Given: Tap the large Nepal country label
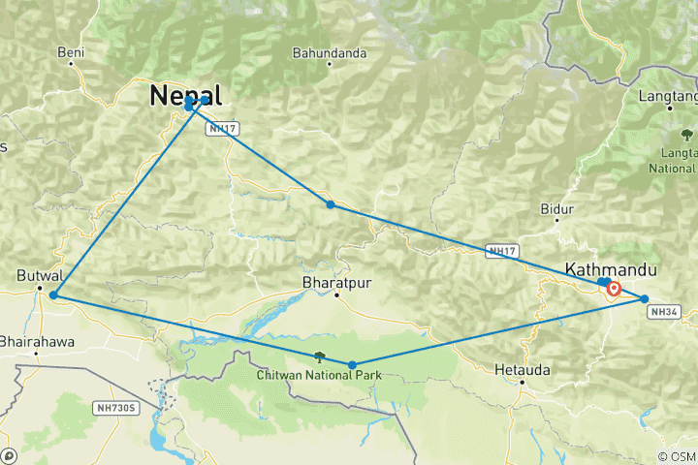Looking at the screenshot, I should pyautogui.click(x=185, y=95).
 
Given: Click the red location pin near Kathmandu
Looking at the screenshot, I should pyautogui.click(x=614, y=287).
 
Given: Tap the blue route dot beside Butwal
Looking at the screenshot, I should pyautogui.click(x=53, y=294).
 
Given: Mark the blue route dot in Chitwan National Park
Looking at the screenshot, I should pyautogui.click(x=352, y=365).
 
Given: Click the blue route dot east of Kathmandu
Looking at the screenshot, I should pyautogui.click(x=644, y=299).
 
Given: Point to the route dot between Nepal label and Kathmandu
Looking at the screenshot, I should pyautogui.click(x=331, y=204).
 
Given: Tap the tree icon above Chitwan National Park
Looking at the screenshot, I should pyautogui.click(x=320, y=357).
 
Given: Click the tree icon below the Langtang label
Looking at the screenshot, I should pyautogui.click(x=686, y=134).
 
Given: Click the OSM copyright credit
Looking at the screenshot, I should pyautogui.click(x=676, y=456).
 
